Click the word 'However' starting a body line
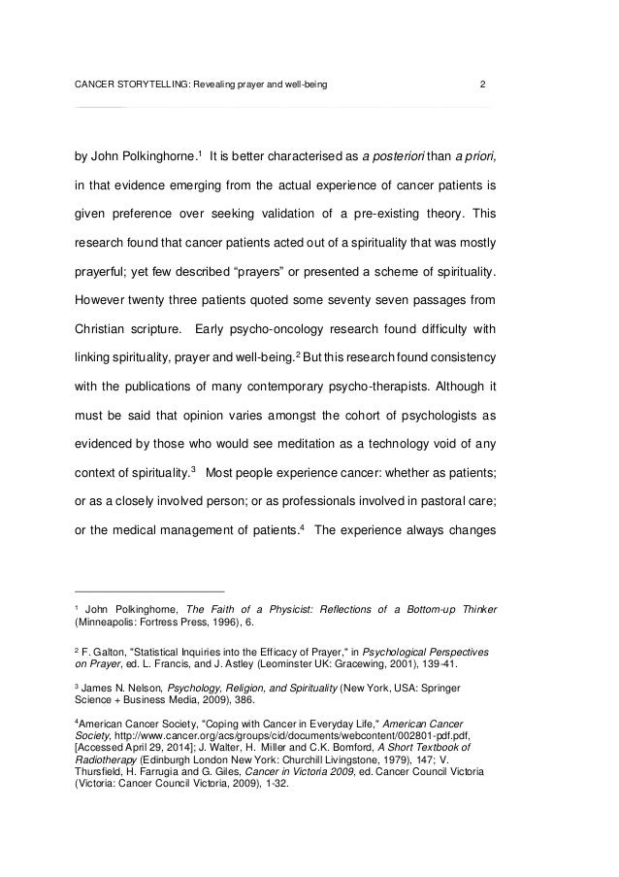pyautogui.click(x=107, y=291)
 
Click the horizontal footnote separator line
pyautogui.click(x=149, y=591)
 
